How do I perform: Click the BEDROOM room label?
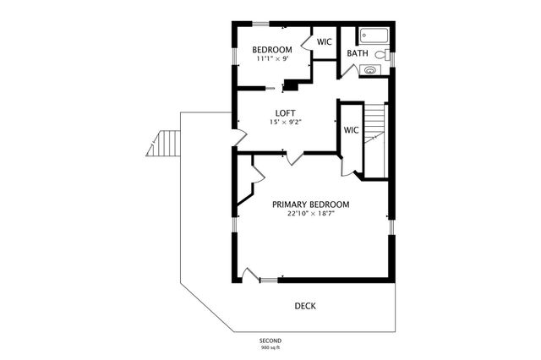[272, 50]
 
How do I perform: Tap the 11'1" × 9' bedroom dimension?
[272, 59]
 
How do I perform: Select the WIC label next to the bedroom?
[324, 42]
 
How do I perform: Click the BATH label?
[358, 54]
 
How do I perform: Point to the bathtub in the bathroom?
[373, 35]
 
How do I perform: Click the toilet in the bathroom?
[381, 55]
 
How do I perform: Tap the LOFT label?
[285, 112]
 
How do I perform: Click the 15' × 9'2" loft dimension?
[285, 122]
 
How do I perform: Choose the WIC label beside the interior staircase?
[351, 130]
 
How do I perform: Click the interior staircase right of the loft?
[374, 135]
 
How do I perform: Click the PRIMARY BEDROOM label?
[310, 205]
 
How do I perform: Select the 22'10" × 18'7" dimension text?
[310, 214]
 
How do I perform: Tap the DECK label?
[305, 306]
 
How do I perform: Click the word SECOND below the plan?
[270, 341]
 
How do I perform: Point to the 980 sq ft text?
[270, 347]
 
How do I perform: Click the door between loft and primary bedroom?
[292, 157]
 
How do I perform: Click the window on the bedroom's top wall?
[258, 24]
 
